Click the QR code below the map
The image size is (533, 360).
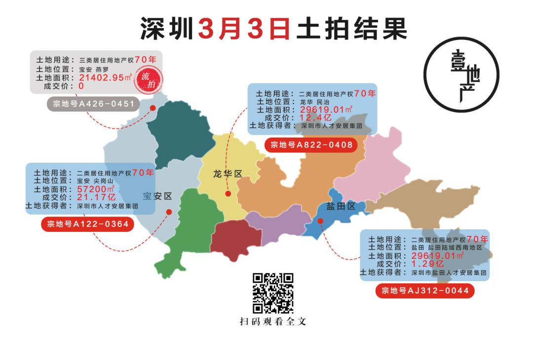pos(273,293)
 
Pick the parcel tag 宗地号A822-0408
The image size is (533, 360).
pos(311,145)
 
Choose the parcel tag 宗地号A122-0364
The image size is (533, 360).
pos(88,224)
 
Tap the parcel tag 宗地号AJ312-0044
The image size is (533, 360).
pos(424,290)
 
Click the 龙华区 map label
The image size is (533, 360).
pos(228,174)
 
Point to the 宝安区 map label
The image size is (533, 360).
pos(157,196)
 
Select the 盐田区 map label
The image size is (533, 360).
pos(341,206)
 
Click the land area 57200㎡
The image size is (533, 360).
pos(96,189)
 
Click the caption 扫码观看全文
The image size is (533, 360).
pos(273,322)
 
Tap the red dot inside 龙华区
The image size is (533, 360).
pos(228,193)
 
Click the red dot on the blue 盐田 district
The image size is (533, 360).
pos(320,221)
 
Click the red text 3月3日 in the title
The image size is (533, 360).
pos(244,29)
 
